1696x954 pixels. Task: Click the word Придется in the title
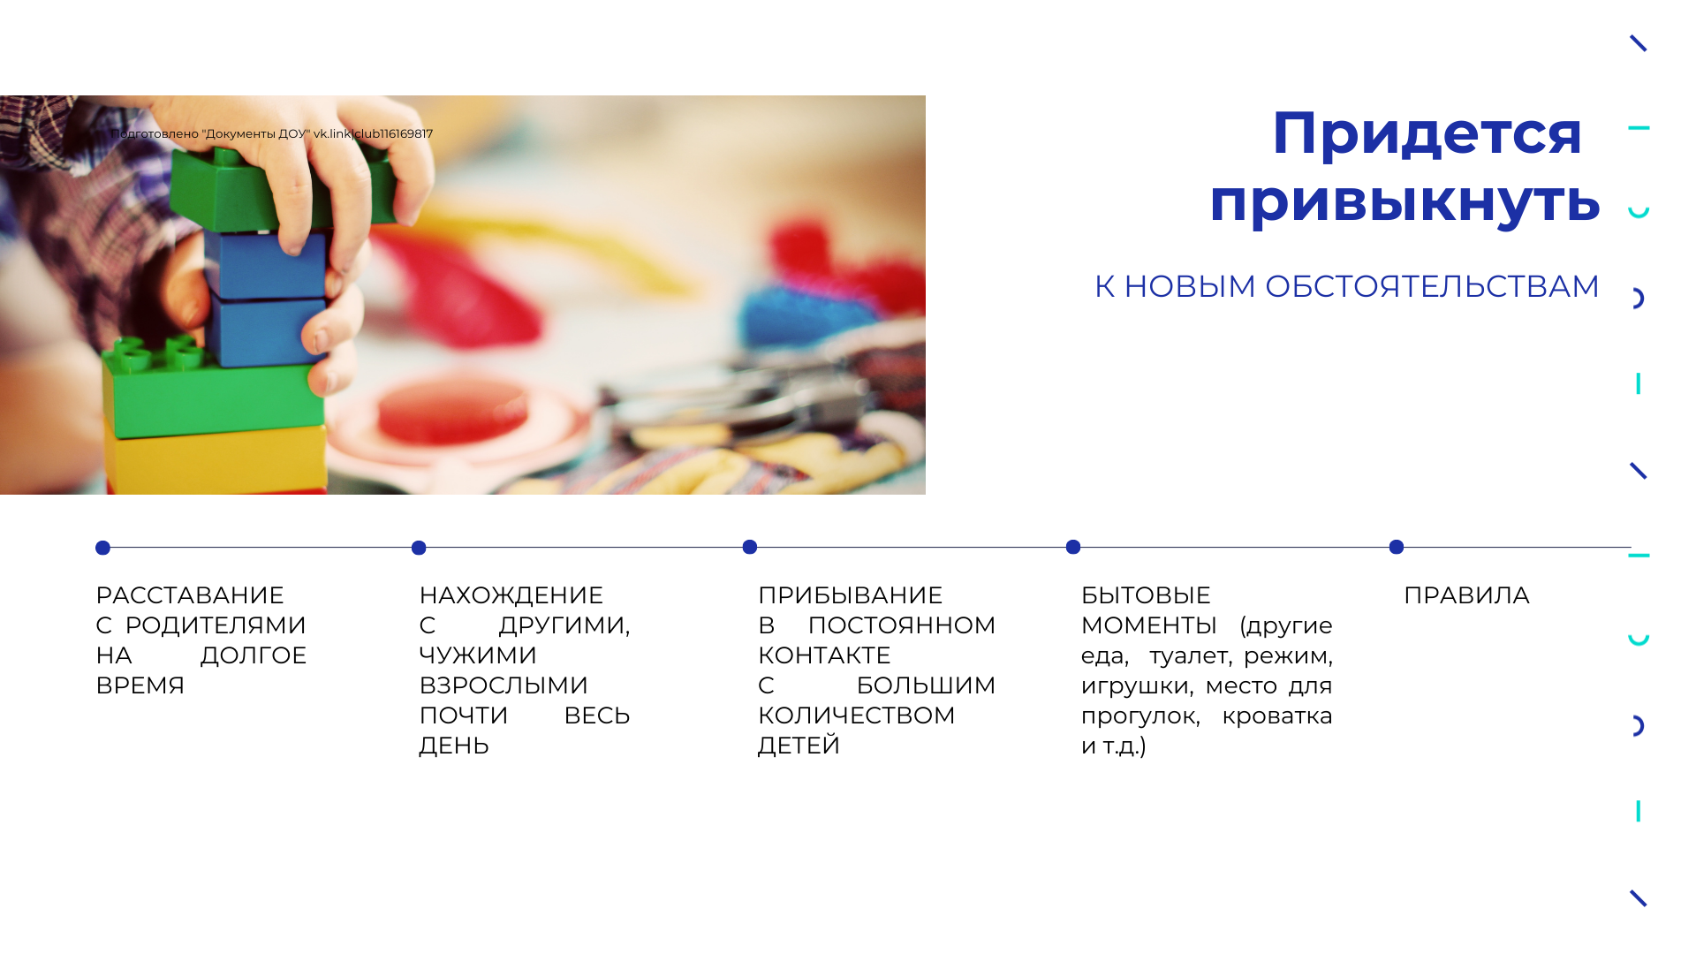1427,134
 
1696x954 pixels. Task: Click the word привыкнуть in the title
1404,201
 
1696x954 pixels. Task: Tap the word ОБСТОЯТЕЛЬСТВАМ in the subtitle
1432,286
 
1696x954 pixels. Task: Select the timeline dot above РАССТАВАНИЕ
102,548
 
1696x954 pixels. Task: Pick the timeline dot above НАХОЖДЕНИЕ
419,548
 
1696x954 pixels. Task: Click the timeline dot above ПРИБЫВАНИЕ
750,547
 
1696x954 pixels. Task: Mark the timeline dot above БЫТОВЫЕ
1073,547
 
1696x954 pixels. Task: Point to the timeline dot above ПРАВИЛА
1397,547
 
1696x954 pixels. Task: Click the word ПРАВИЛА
1466,595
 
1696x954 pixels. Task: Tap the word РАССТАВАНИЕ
190,595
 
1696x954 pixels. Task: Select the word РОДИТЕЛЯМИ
216,625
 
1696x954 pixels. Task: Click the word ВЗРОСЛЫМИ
503,685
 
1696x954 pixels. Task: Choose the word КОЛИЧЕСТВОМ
856,715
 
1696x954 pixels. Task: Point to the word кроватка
1276,716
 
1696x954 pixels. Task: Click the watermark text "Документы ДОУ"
256,134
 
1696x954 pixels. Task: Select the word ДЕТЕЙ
799,746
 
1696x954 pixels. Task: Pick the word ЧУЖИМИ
478,655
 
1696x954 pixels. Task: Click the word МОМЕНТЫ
1148,625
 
